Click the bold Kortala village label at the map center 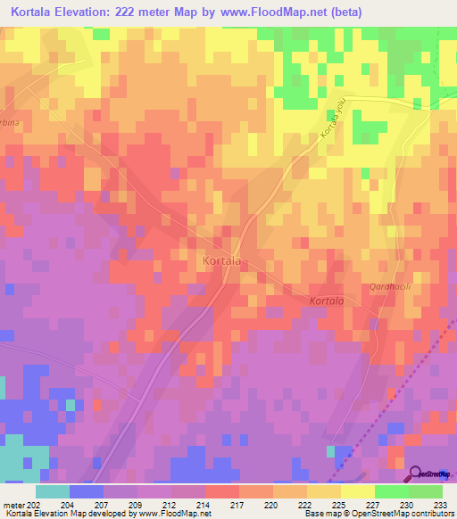pos(221,260)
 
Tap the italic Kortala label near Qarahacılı pos(327,301)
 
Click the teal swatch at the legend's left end pos(52,491)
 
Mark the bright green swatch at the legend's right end pos(425,491)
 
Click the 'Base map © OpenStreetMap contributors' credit pos(381,514)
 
